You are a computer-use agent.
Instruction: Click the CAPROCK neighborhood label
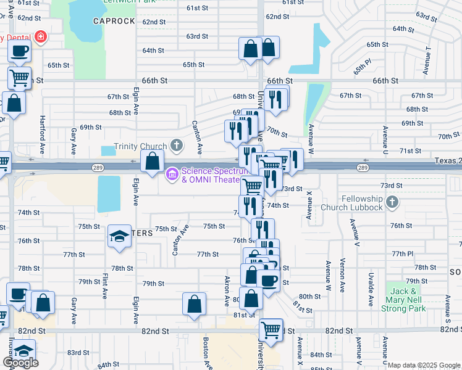[114, 21]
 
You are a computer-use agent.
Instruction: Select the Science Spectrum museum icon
[172, 175]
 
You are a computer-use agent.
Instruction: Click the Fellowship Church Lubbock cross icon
[392, 202]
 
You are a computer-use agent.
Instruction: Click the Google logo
[20, 363]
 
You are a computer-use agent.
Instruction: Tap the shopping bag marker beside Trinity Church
[153, 162]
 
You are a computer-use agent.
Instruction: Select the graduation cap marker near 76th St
[120, 236]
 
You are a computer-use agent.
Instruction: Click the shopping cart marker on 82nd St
[271, 330]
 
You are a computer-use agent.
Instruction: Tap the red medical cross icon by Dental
[41, 37]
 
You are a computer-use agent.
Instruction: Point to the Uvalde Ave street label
[371, 288]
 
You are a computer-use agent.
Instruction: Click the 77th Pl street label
[401, 253]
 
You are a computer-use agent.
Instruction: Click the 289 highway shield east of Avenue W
[363, 167]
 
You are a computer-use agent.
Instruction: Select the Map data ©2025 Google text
[424, 365]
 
